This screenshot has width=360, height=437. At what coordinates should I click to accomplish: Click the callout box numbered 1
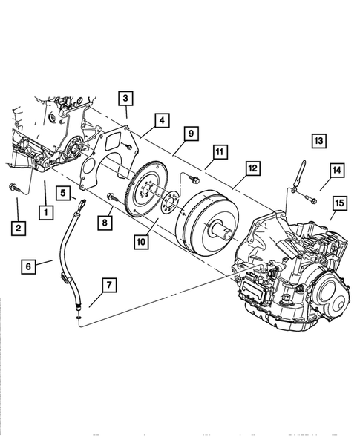click(46, 211)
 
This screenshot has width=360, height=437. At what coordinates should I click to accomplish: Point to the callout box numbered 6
click(27, 265)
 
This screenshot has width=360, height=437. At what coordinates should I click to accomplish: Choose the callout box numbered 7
click(109, 284)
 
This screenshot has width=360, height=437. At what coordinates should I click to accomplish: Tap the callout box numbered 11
click(219, 154)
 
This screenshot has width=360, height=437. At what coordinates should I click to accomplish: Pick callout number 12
click(252, 169)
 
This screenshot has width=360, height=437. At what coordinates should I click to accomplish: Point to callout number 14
click(336, 171)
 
